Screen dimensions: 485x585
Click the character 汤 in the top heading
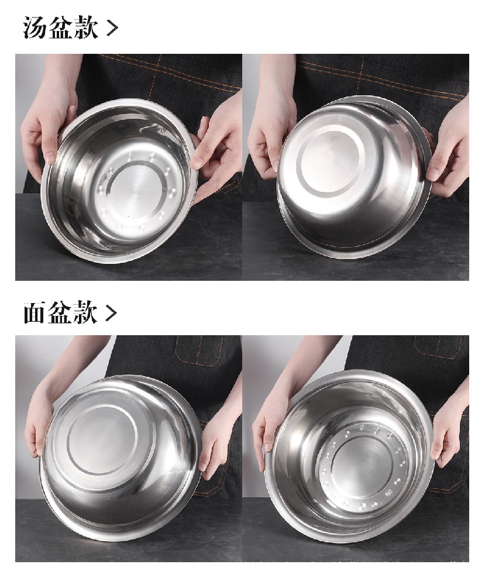click(x=35, y=27)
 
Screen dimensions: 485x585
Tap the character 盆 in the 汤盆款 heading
click(x=60, y=27)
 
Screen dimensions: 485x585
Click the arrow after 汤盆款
click(x=112, y=28)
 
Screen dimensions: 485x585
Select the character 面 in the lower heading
click(x=35, y=312)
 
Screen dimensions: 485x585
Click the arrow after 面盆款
click(x=111, y=313)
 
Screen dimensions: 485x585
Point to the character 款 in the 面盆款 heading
click(x=85, y=312)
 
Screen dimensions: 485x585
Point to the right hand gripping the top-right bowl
click(x=448, y=157)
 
